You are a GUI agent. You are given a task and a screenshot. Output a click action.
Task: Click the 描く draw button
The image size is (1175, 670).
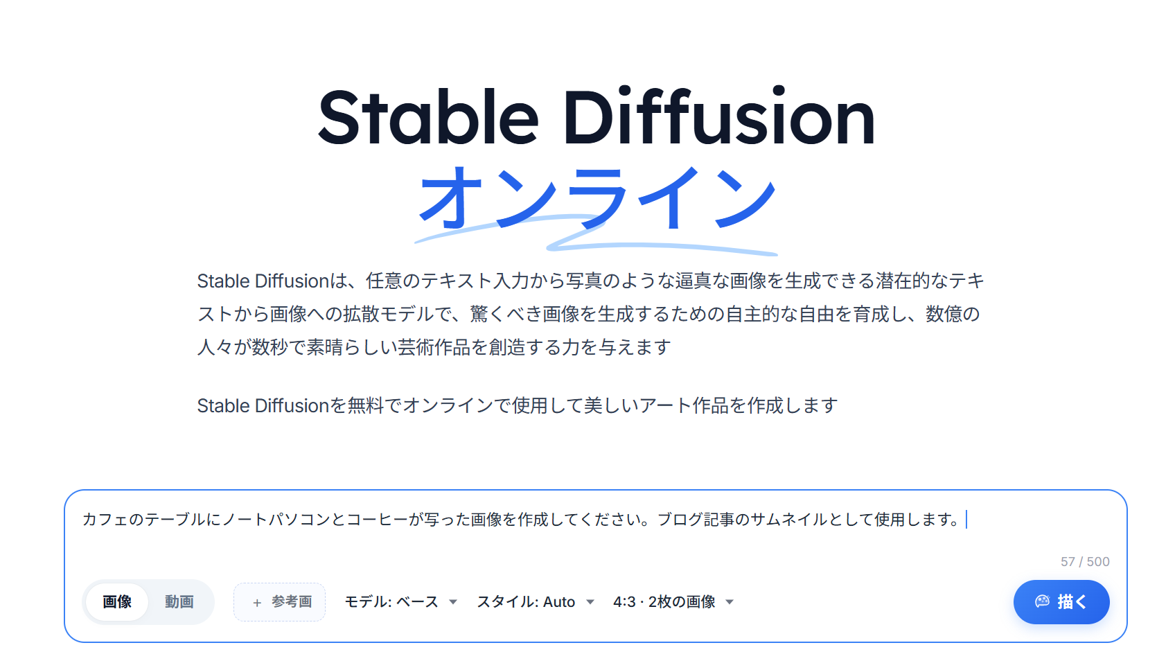click(1061, 602)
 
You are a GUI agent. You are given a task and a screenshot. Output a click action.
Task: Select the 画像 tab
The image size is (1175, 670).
click(117, 602)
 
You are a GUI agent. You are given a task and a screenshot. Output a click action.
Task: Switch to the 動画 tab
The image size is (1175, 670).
click(179, 602)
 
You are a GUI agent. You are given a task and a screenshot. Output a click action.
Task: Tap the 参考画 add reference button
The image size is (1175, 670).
click(280, 602)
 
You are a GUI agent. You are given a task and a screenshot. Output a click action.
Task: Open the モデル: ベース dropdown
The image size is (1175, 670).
click(400, 602)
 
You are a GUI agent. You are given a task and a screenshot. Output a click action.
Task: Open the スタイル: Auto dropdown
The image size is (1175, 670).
click(536, 602)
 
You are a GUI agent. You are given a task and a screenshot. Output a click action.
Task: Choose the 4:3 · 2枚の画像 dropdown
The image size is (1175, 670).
click(673, 602)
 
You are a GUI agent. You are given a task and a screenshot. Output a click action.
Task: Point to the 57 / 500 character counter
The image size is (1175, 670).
click(1085, 561)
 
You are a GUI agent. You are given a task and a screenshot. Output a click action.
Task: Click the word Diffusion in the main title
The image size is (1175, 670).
click(718, 116)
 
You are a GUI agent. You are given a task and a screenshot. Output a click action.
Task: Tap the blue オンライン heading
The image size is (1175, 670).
click(597, 197)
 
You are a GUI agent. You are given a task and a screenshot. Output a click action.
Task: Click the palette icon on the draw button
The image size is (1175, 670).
click(1042, 601)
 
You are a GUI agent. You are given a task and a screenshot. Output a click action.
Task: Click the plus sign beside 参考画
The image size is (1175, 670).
click(257, 603)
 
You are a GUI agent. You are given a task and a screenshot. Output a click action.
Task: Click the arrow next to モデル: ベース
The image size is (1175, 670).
click(453, 602)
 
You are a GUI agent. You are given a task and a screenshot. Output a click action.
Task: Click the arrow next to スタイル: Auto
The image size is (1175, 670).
click(590, 602)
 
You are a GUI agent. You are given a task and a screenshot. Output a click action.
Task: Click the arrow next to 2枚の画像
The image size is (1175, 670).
click(730, 602)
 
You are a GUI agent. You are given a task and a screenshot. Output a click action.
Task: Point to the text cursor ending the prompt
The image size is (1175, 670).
click(966, 520)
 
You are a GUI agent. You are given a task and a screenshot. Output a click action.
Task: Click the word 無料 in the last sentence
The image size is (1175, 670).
click(366, 405)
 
